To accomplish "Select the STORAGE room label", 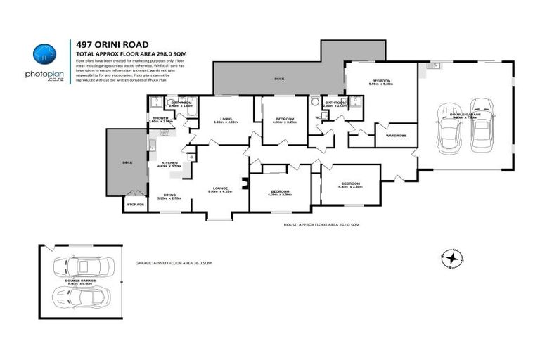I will pos(135,204).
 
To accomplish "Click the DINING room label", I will pos(169,195).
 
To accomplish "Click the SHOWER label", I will pos(161,118).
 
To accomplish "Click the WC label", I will pos(318,117).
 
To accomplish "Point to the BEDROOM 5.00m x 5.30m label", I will pos(382,82).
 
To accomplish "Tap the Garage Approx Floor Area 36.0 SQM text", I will pos(173,262).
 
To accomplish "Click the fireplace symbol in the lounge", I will pos(243,185).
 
